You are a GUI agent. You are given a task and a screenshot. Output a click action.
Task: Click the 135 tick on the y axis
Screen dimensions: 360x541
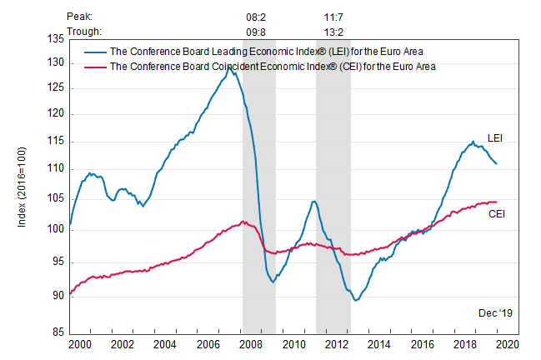(x=56, y=39)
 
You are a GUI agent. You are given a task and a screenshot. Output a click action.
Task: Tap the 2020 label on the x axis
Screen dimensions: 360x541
(x=507, y=343)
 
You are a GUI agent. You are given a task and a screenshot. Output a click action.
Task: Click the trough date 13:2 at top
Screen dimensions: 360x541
(x=334, y=32)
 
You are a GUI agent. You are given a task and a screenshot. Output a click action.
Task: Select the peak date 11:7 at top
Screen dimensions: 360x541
(x=334, y=16)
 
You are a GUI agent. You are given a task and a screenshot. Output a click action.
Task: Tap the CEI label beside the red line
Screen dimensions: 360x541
(x=497, y=214)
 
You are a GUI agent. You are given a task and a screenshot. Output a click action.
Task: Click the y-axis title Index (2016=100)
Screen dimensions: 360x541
(x=23, y=183)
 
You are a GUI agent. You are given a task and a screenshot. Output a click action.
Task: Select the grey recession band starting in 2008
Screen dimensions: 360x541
(x=258, y=192)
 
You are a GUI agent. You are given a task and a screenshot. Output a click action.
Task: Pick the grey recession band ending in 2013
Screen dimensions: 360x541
(x=333, y=192)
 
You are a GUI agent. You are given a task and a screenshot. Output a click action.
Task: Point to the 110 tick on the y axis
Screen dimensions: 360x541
(x=56, y=169)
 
